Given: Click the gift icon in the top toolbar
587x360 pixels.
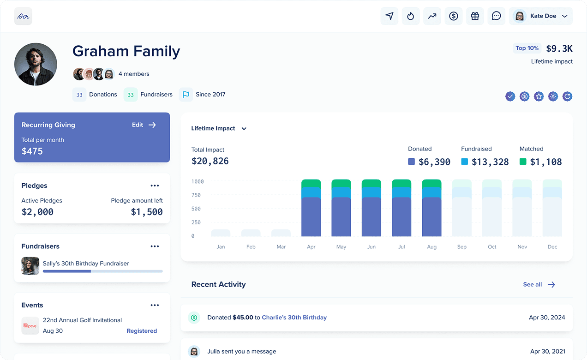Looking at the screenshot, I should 475,16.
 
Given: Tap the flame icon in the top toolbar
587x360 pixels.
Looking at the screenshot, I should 411,16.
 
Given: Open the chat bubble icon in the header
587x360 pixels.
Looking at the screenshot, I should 496,16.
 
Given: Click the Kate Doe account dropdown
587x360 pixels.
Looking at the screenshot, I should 541,16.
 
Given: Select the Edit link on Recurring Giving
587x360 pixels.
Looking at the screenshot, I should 144,125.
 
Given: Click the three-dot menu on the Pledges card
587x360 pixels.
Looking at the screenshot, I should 155,186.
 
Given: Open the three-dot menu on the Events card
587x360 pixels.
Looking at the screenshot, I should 155,305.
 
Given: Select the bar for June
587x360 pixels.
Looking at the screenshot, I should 371,208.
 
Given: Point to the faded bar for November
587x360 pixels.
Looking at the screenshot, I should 522,208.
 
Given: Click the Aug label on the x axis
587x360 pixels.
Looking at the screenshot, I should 431,247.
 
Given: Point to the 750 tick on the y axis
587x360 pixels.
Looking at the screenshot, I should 196,195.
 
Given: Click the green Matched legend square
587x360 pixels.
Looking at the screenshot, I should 523,162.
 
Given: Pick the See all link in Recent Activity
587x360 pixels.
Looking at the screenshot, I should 539,284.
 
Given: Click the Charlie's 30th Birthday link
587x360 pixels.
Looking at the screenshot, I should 294,318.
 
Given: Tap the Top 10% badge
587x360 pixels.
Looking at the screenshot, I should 527,48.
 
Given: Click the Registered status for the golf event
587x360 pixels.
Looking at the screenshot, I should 142,331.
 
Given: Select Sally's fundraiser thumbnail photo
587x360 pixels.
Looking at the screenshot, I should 30,266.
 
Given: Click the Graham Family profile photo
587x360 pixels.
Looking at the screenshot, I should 36,64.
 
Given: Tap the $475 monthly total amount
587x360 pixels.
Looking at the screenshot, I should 32,151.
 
